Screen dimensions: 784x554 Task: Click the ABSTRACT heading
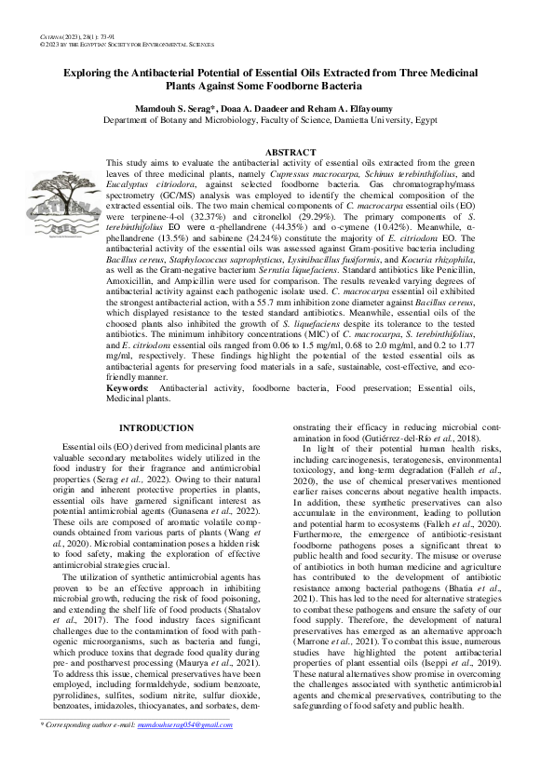291,152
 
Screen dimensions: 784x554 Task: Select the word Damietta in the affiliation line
372,120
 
